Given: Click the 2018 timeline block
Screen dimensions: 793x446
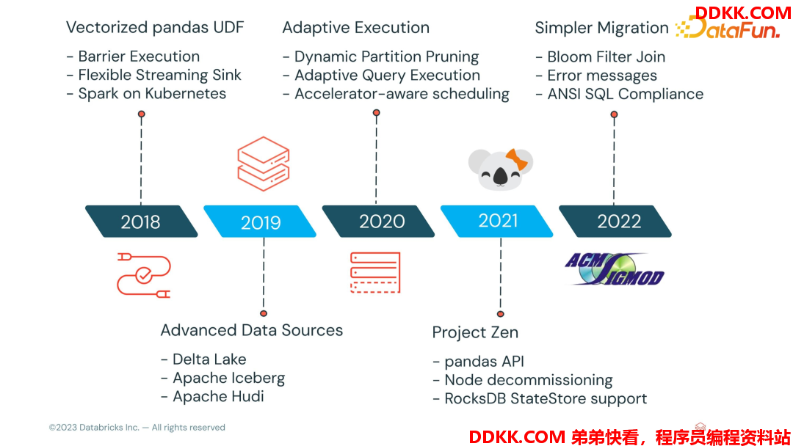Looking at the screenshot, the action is pyautogui.click(x=141, y=222).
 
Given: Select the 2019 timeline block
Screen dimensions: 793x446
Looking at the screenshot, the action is pyautogui.click(x=260, y=222).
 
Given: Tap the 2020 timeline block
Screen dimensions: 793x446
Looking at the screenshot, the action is pyautogui.click(x=378, y=222).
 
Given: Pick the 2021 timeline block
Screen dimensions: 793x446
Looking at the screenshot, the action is pyautogui.click(x=496, y=222).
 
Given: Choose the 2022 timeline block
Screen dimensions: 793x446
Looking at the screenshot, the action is pyautogui.click(x=615, y=222).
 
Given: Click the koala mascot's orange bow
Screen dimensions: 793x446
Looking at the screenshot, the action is pyautogui.click(x=516, y=160).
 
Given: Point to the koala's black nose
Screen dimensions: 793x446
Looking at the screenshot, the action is pyautogui.click(x=500, y=176).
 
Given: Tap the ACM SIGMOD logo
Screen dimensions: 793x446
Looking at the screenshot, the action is pyautogui.click(x=614, y=269).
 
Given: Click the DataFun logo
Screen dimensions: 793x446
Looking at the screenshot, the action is pyautogui.click(x=728, y=27).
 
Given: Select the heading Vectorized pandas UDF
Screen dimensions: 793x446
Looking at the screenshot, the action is pyautogui.click(x=155, y=27).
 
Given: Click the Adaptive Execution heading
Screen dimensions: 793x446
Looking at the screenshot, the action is pyautogui.click(x=355, y=27).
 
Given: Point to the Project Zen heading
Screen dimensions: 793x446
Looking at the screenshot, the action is pyautogui.click(x=475, y=332).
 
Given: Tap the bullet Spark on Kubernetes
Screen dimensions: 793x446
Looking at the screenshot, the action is pyautogui.click(x=146, y=93).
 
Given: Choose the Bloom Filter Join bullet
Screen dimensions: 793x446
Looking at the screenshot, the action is pyautogui.click(x=601, y=56).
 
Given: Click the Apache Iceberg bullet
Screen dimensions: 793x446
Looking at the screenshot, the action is pyautogui.click(x=223, y=378).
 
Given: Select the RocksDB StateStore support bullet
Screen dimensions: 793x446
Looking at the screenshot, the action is pyautogui.click(x=540, y=398).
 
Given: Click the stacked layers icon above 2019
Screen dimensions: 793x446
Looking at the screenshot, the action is pyautogui.click(x=264, y=164).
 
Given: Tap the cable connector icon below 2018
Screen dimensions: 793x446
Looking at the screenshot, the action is pyautogui.click(x=144, y=275).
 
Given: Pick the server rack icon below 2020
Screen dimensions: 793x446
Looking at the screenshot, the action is pyautogui.click(x=375, y=273).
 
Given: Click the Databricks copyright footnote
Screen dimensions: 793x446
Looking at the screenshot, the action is pyautogui.click(x=137, y=428).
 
